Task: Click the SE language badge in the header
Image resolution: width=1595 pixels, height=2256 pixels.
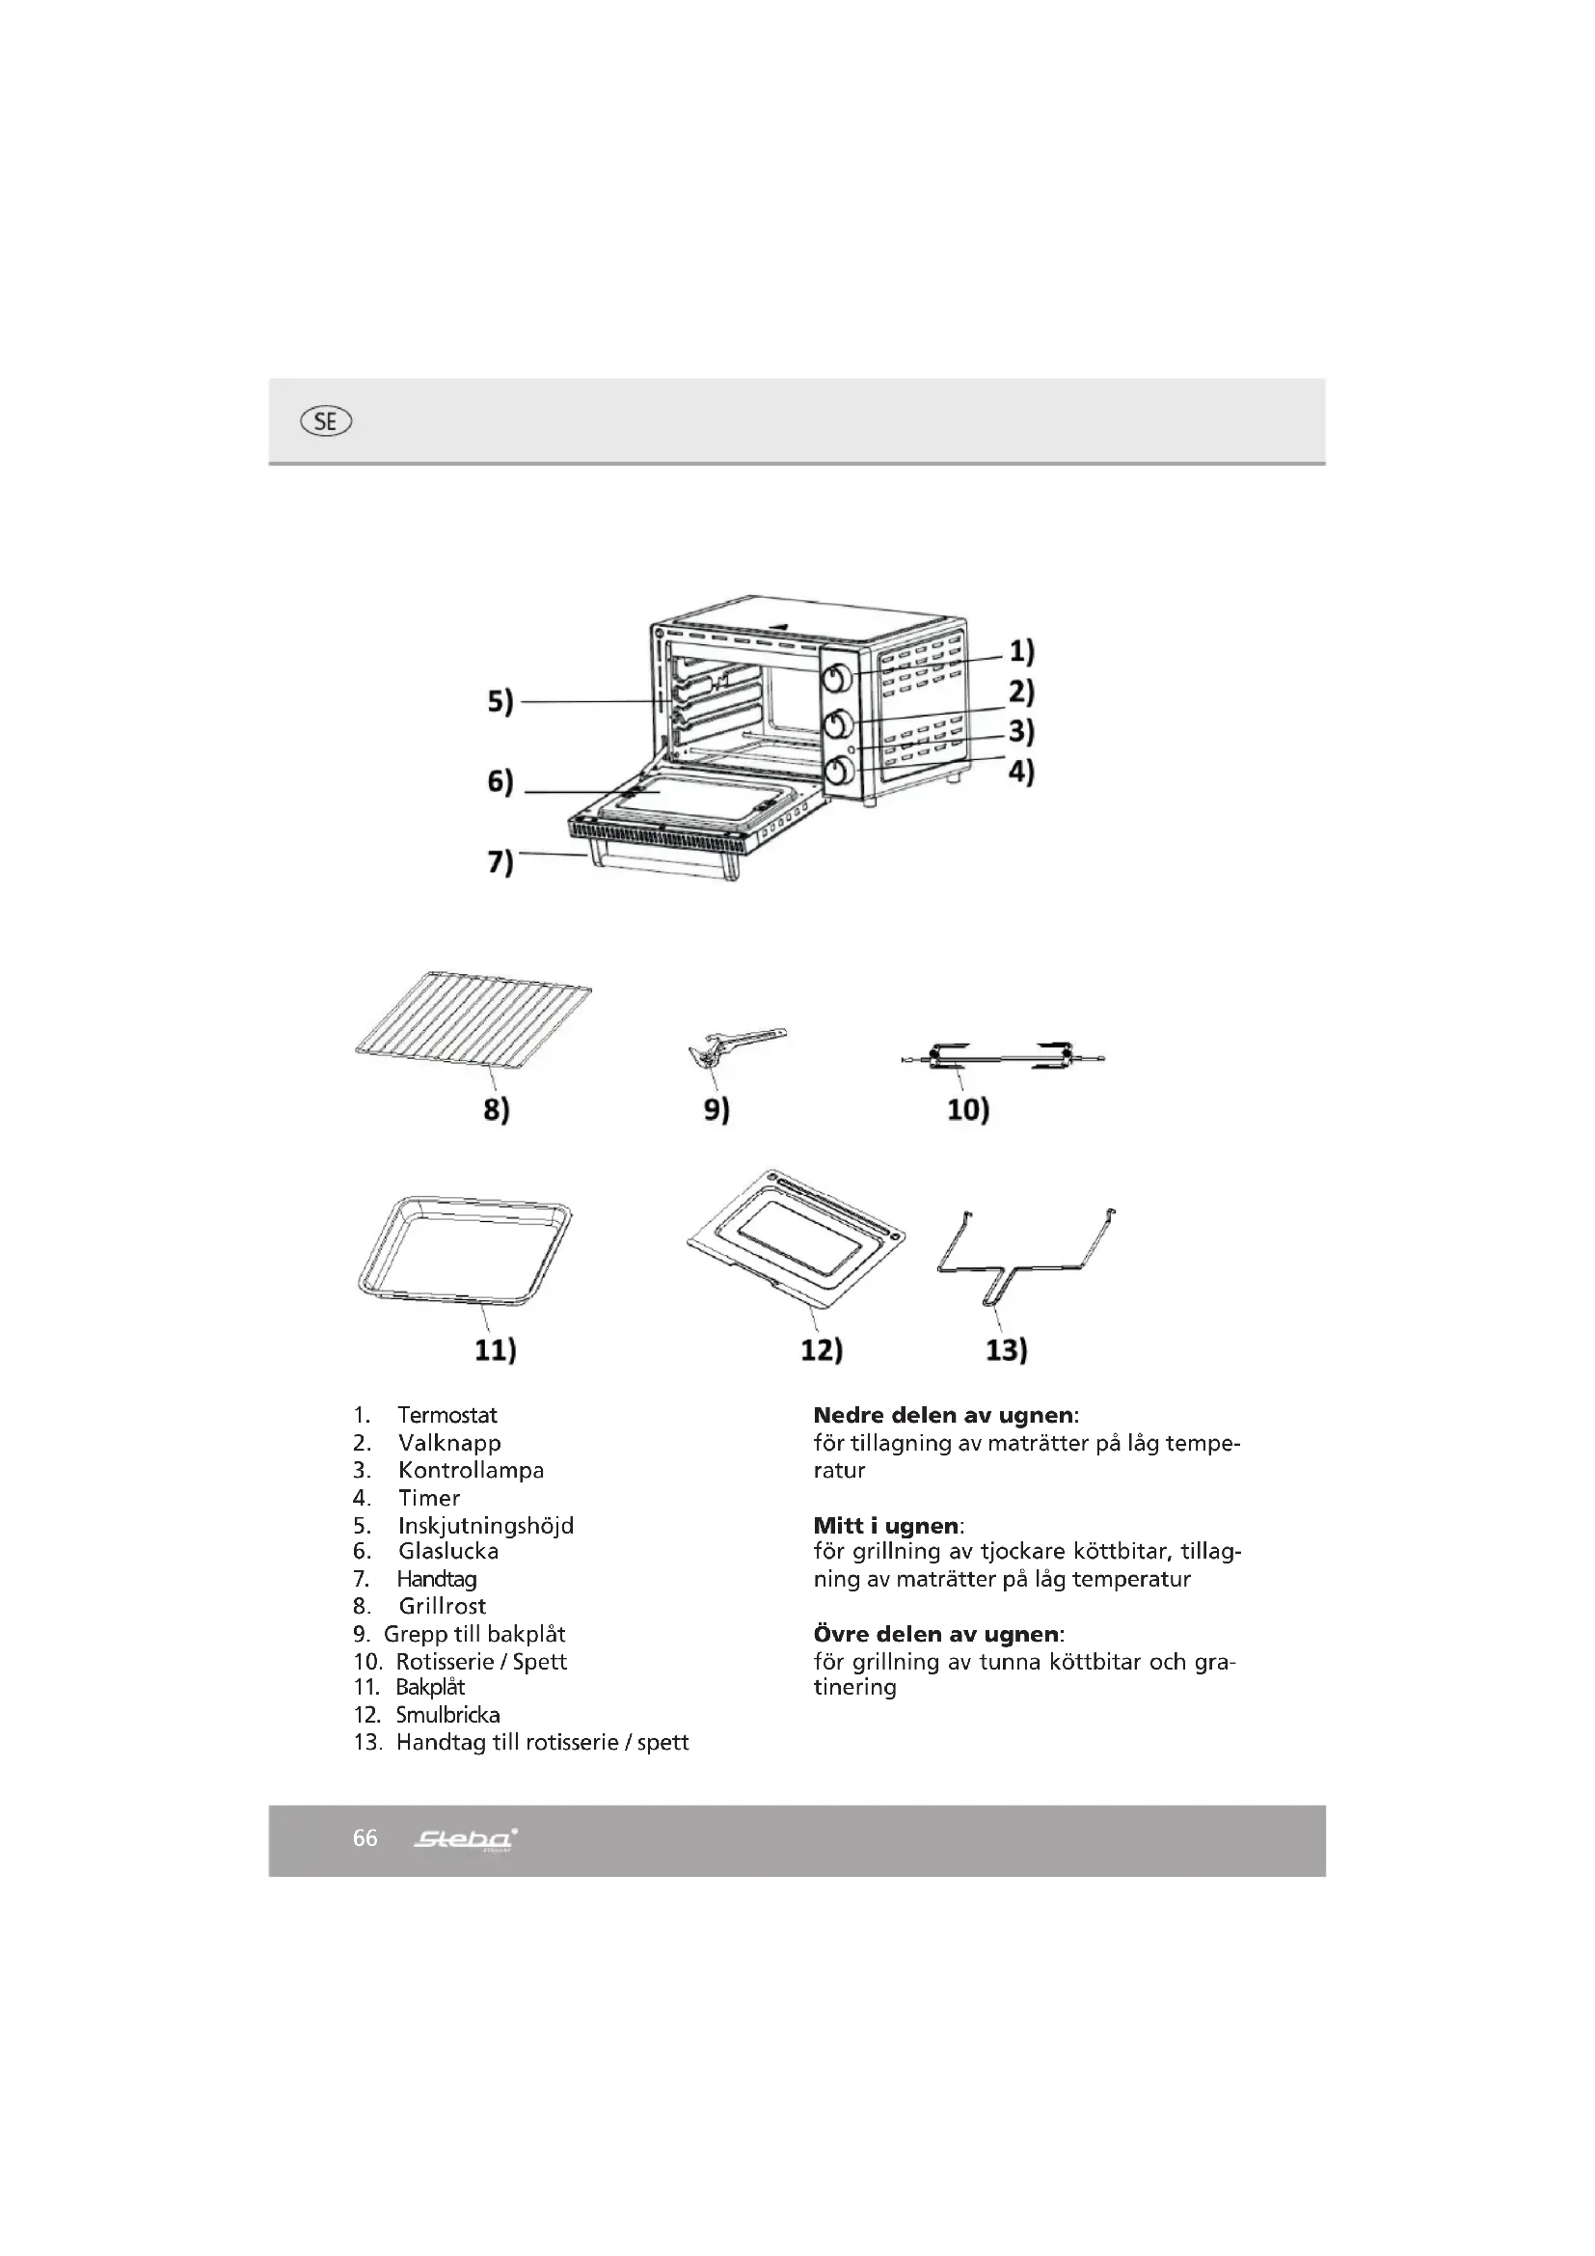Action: coord(326,421)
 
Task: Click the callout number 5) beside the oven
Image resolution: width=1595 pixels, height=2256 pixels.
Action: coord(500,701)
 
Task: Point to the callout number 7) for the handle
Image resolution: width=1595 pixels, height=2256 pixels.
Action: coord(500,861)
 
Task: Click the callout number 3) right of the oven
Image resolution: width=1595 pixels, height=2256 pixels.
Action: coord(1021,731)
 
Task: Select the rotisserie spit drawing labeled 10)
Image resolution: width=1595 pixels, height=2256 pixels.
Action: coord(1002,1057)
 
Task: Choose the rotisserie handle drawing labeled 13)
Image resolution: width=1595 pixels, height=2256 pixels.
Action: coord(1024,1258)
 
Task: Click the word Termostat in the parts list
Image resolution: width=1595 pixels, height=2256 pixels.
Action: coord(446,1415)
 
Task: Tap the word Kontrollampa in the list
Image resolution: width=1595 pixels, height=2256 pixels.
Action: coord(471,1470)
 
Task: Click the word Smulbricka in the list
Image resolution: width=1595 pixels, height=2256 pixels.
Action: coord(447,1715)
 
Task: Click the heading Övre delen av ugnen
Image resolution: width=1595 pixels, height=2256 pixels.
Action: coord(937,1634)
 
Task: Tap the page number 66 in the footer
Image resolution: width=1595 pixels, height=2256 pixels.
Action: coord(365,1838)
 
